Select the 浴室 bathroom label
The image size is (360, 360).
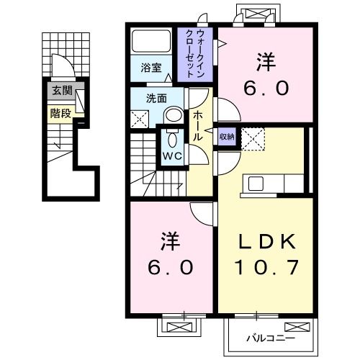[151, 71]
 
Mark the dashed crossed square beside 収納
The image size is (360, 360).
[253, 136]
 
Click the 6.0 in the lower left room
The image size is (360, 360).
[171, 268]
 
